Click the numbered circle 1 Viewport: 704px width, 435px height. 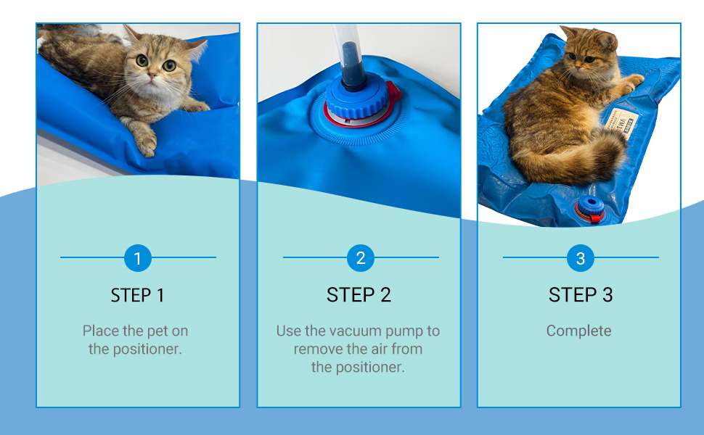point(137,258)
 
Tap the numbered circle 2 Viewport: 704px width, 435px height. point(360,258)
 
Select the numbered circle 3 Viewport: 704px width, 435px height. point(580,258)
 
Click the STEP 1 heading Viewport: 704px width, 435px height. point(137,295)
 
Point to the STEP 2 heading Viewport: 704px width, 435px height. point(359,295)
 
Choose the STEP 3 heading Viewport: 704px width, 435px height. point(581,295)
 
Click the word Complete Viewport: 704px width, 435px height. point(578,331)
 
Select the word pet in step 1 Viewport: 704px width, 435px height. point(157,331)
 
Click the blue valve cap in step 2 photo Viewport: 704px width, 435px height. point(354,101)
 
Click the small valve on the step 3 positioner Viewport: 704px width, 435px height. point(590,209)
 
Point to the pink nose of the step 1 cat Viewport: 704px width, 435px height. point(152,76)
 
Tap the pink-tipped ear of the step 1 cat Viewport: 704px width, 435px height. point(196,49)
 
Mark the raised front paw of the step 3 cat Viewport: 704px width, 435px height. point(631,81)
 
